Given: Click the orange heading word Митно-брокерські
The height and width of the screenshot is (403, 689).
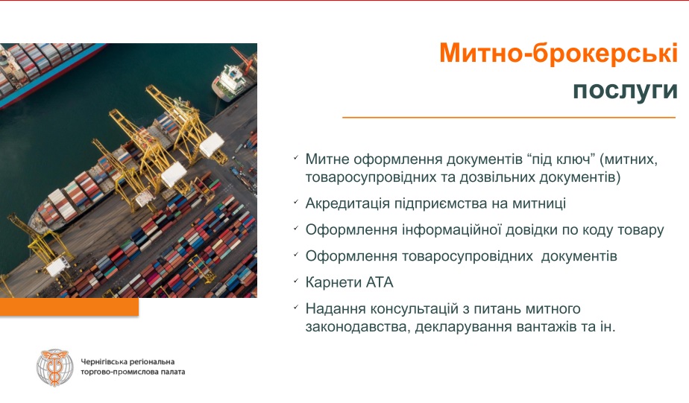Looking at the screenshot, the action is (x=559, y=53).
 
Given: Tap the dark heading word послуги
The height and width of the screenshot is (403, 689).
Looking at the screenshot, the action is (x=626, y=90).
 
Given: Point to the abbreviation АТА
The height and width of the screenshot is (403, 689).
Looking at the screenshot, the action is (x=380, y=282).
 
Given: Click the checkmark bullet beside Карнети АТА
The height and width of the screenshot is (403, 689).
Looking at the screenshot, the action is (x=296, y=280).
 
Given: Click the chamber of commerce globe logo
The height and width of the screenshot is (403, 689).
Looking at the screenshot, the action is (x=55, y=368).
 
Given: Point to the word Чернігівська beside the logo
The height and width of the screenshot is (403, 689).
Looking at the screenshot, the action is (x=104, y=362).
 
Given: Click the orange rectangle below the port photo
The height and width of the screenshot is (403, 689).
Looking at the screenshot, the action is (x=69, y=307).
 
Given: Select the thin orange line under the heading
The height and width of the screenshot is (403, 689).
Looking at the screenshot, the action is (x=509, y=118).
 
